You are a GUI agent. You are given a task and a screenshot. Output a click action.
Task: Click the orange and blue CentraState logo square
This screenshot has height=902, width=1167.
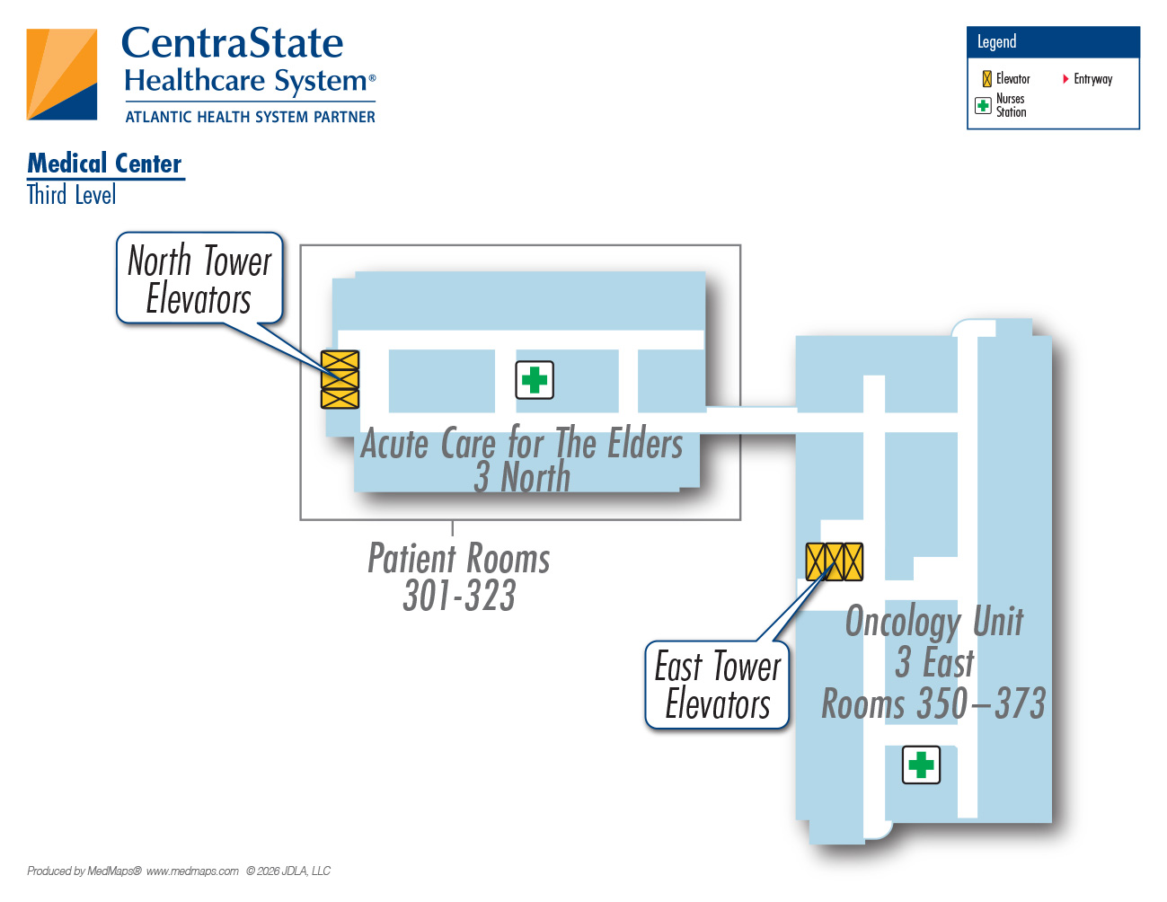[x=62, y=74]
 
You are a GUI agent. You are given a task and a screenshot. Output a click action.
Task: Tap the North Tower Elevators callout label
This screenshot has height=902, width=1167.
[x=199, y=279]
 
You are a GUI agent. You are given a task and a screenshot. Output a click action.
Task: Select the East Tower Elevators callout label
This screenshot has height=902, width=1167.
[x=717, y=685]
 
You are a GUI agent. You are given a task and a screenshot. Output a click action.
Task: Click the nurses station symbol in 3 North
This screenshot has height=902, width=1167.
[x=535, y=380]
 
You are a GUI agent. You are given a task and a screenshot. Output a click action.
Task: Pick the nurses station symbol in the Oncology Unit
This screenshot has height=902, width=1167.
[x=921, y=765]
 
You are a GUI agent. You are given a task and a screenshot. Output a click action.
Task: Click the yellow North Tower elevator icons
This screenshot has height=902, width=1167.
[x=340, y=380]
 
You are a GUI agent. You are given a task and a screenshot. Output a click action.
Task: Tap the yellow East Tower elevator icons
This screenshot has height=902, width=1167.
[x=834, y=562]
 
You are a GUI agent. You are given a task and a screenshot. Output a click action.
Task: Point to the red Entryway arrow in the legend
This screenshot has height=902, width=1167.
[x=1065, y=79]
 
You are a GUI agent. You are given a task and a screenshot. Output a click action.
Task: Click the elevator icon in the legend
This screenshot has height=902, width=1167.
[x=986, y=79]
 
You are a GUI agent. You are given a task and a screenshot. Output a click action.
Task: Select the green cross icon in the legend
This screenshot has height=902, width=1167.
[x=983, y=105]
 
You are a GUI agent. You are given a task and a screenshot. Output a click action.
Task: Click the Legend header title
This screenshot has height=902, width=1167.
[x=996, y=42]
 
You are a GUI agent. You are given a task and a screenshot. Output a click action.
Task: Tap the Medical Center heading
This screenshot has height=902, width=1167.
[x=104, y=164]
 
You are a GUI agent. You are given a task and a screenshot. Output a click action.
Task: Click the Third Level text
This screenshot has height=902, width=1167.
[x=72, y=194]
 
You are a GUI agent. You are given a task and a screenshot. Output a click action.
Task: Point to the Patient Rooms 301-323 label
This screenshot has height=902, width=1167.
[x=459, y=576]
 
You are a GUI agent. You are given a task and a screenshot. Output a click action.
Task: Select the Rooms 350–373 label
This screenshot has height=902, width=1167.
[x=933, y=703]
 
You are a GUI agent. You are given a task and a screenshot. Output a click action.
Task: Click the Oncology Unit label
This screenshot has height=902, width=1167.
[x=934, y=622]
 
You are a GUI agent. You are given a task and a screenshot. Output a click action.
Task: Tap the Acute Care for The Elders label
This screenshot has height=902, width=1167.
[x=521, y=443]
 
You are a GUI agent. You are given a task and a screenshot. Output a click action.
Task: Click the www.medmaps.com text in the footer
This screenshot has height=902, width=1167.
[x=192, y=871]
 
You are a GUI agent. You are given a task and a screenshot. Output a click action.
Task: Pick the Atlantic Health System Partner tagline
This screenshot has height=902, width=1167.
[x=251, y=117]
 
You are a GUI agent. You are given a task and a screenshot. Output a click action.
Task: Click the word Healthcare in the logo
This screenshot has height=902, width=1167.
[x=195, y=81]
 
